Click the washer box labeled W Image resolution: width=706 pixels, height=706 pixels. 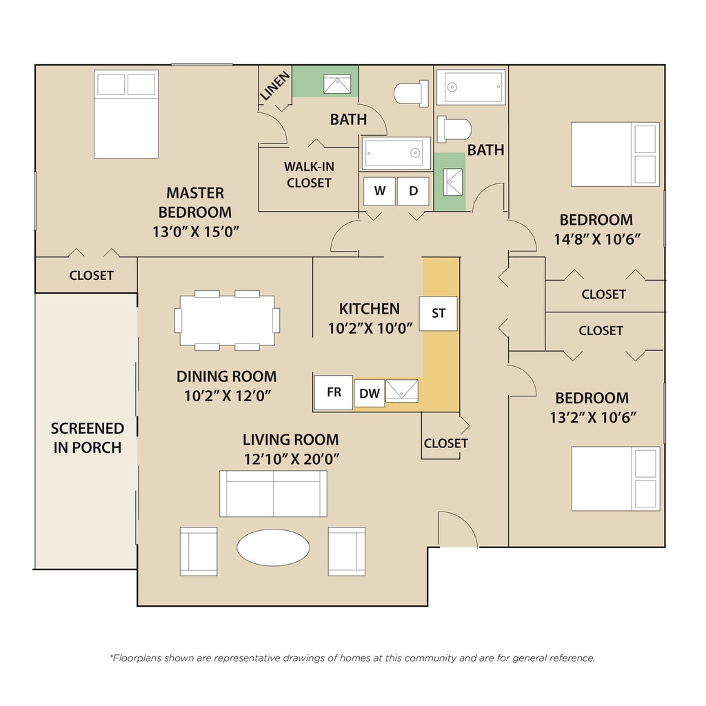(380, 191)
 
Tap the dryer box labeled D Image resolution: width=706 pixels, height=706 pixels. (414, 191)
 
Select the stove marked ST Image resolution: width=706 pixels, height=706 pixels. (438, 314)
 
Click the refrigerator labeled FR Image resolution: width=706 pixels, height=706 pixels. (333, 392)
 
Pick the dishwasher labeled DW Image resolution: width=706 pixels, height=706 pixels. (370, 394)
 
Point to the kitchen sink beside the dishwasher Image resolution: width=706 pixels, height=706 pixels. (402, 390)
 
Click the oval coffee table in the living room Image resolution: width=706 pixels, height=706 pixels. (273, 547)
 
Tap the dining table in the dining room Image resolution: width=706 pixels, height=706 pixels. (228, 320)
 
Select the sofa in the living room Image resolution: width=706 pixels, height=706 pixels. (273, 494)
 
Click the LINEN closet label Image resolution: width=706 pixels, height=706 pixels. (275, 86)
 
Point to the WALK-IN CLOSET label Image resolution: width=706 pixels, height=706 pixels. (310, 174)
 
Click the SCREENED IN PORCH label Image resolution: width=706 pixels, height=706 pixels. (87, 438)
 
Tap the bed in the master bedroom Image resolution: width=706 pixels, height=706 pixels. (126, 114)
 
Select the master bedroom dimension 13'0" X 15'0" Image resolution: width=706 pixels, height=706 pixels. (195, 232)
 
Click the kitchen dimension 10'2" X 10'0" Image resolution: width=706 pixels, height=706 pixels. (370, 329)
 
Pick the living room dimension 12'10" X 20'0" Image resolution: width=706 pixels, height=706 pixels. (292, 458)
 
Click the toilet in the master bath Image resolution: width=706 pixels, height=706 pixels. (411, 94)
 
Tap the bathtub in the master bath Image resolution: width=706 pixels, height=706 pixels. (396, 153)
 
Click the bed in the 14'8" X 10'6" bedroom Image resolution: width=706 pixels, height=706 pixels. (615, 154)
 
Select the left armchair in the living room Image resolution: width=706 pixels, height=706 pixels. (199, 552)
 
